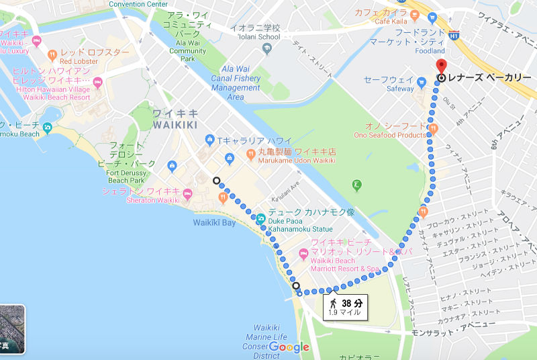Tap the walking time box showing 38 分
345,306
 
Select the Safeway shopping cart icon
422,83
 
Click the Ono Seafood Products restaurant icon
433,127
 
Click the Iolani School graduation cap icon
268,48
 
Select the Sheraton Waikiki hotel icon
187,195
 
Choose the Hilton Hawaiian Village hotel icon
97,83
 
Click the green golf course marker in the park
357,184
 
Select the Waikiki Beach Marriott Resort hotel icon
302,255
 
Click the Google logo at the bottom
289,347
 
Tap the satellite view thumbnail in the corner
12,329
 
